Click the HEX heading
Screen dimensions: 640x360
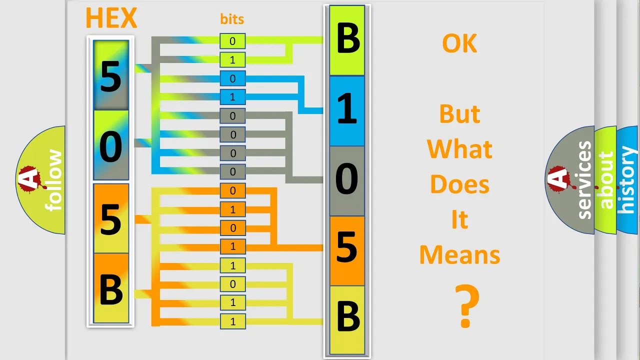click(x=111, y=18)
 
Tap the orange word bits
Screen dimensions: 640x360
click(x=232, y=19)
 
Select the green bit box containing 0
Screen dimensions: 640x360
click(x=232, y=41)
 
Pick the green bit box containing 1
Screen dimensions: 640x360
click(x=232, y=60)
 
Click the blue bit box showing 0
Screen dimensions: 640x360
click(x=232, y=78)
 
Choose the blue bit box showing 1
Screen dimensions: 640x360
click(x=232, y=97)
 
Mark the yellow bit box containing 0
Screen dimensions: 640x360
click(x=232, y=284)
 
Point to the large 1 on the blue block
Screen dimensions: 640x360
click(x=347, y=109)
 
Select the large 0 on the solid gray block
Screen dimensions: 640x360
click(x=347, y=178)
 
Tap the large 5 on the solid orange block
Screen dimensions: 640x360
click(x=347, y=247)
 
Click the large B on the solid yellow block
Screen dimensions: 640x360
click(x=348, y=316)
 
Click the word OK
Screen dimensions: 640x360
click(x=459, y=43)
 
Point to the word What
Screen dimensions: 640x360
click(x=459, y=149)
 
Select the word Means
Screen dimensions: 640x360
click(x=459, y=255)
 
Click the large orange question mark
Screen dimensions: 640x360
click(x=467, y=305)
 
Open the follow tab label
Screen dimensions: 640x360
click(x=53, y=180)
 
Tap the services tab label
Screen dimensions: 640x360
click(x=584, y=180)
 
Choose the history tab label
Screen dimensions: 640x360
click(x=627, y=179)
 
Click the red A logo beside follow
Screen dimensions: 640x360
click(x=31, y=179)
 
